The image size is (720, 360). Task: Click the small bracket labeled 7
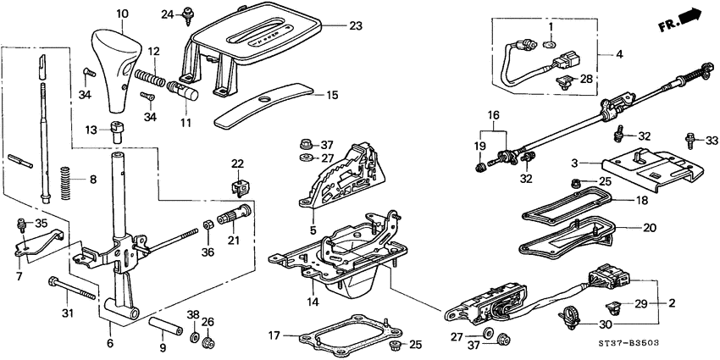click(34, 246)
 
